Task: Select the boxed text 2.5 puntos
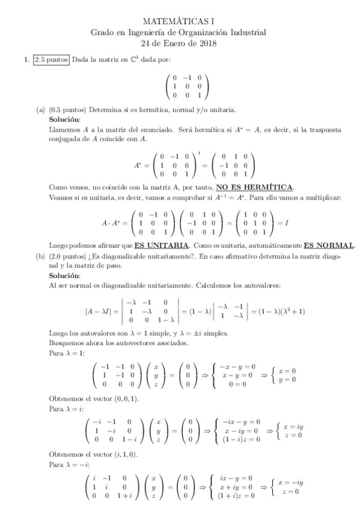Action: click(x=51, y=59)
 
